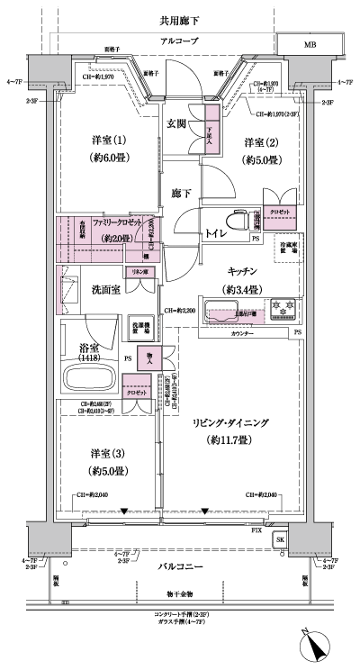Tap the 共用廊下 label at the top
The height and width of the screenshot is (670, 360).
[179, 19]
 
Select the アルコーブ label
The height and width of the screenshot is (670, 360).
[180, 41]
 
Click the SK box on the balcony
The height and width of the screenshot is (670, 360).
[279, 539]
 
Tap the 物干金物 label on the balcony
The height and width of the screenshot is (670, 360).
[180, 593]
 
